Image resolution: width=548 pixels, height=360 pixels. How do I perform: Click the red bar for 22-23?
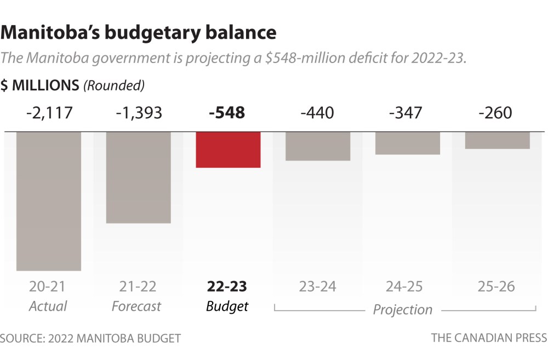[x=228, y=150]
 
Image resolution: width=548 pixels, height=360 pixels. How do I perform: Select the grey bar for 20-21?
[x=49, y=201]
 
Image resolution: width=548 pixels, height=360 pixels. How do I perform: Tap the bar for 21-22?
[x=139, y=177]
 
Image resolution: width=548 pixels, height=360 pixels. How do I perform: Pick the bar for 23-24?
[x=318, y=146]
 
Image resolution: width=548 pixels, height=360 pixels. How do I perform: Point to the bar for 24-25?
[x=408, y=143]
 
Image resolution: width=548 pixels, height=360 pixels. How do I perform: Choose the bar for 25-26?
[x=497, y=140]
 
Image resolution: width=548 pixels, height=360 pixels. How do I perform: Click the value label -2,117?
[x=49, y=113]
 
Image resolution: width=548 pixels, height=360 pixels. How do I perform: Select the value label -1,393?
[x=139, y=113]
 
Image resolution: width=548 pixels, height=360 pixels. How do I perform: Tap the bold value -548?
[x=227, y=113]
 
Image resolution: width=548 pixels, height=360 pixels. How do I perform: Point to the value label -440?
[x=317, y=113]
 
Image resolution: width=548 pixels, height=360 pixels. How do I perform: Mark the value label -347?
[x=407, y=113]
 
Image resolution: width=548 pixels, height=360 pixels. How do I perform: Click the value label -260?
[x=495, y=113]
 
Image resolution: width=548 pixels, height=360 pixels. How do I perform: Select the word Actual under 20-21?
[x=48, y=306]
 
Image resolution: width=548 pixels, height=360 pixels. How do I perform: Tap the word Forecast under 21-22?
[x=136, y=306]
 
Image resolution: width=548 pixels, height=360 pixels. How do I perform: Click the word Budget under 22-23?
[x=227, y=306]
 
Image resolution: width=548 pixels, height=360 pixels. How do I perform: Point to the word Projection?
[x=403, y=310]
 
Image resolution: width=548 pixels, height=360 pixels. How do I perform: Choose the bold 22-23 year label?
[x=227, y=287]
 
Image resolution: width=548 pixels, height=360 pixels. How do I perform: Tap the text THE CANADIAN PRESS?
[x=489, y=338]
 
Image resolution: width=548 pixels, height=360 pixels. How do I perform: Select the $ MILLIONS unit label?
[x=40, y=85]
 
